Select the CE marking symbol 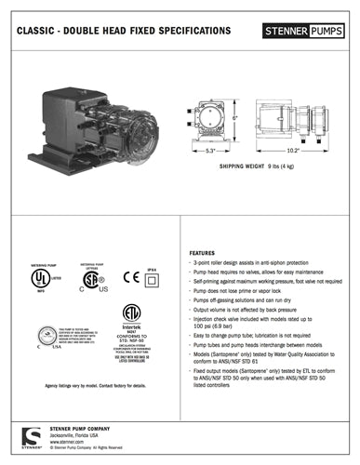pyautogui.click(x=131, y=276)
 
